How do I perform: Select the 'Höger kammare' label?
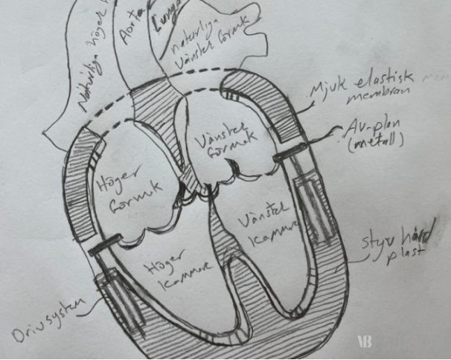pyautogui.click(x=178, y=275)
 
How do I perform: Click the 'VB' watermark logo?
pyautogui.click(x=365, y=341)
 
